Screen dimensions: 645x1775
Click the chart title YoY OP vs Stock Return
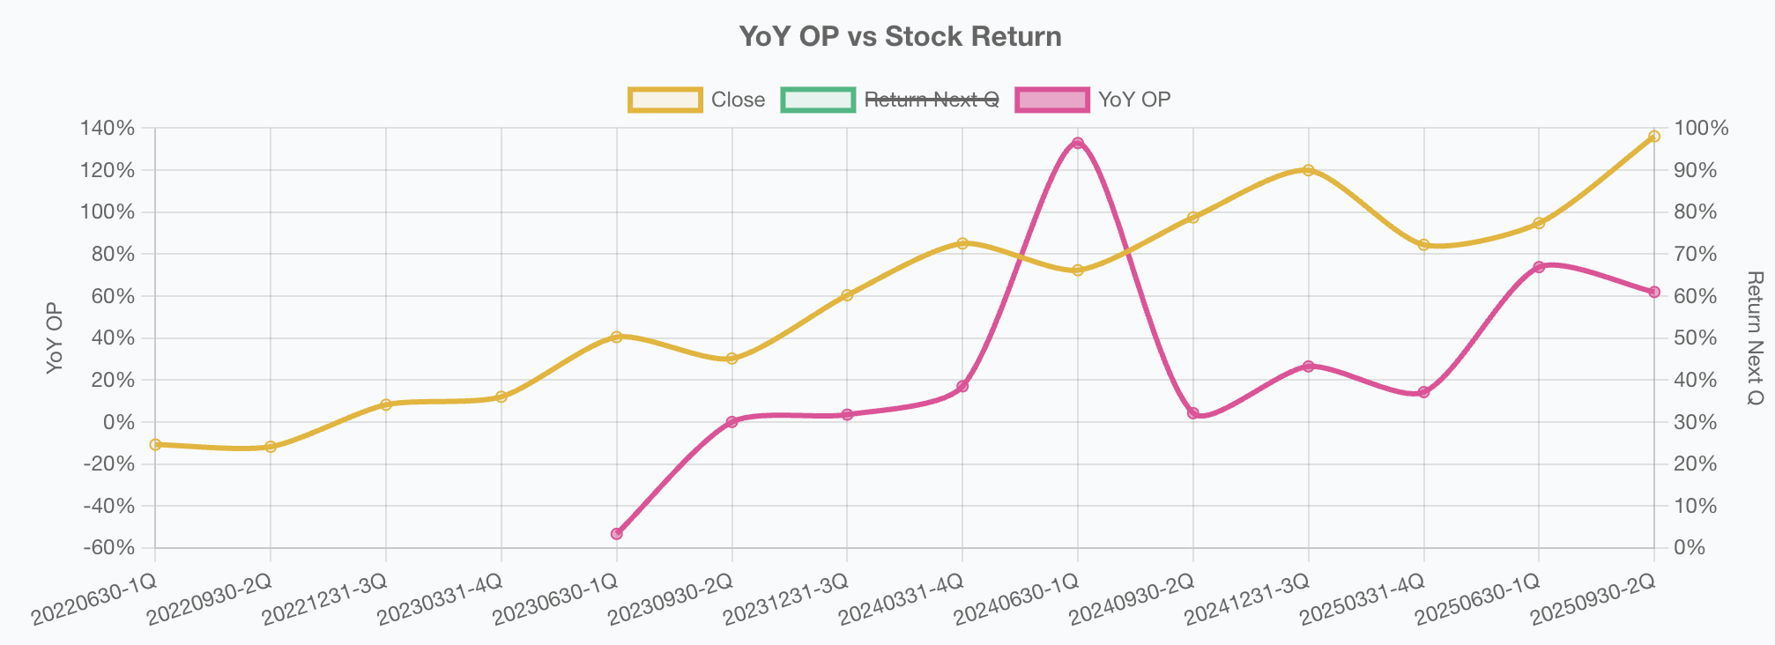pos(900,37)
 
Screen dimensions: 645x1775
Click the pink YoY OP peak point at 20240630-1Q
pos(1077,143)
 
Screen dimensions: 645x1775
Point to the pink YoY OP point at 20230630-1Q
pos(616,533)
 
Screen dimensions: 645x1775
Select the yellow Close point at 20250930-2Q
pos(1653,137)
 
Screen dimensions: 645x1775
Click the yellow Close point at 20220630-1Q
pos(155,444)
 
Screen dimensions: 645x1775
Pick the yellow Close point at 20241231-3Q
pos(1308,170)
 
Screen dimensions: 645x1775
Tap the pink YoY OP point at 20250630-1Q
pos(1539,267)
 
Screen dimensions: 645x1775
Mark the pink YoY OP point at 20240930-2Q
pos(1192,412)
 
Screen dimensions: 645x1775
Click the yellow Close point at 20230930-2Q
pos(732,359)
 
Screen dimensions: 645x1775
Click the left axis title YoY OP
pos(55,338)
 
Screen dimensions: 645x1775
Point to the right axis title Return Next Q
pos(1754,338)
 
